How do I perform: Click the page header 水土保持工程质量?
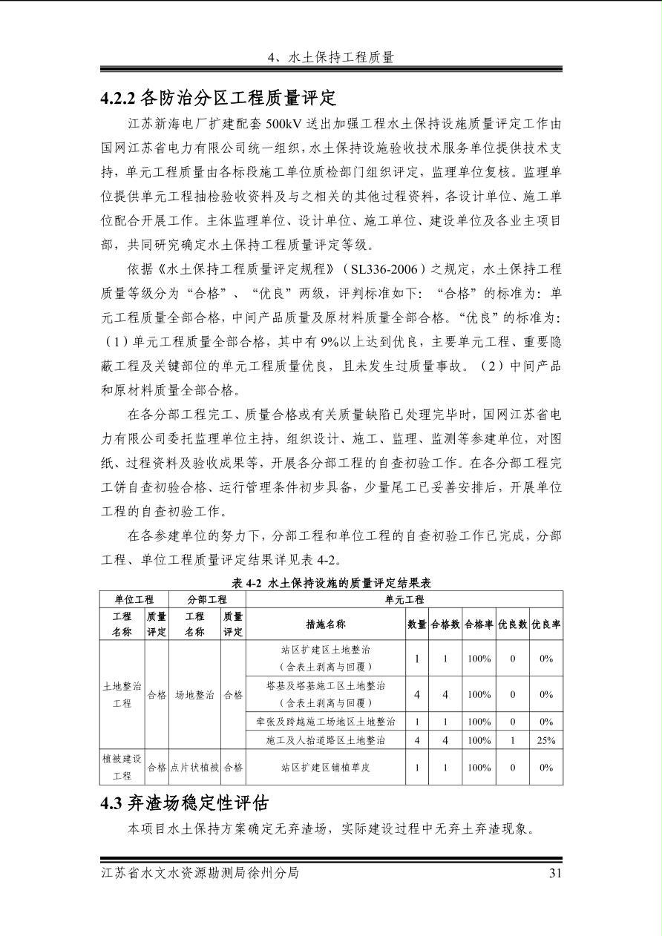(x=330, y=57)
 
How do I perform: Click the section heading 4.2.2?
(x=218, y=97)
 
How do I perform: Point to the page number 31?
(x=554, y=873)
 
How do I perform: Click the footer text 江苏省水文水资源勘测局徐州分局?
(x=200, y=873)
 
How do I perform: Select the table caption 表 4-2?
(x=331, y=583)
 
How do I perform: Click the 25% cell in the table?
(x=546, y=740)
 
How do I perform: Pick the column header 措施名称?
(x=325, y=624)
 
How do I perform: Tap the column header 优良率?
(x=546, y=624)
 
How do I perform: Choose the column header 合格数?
(x=445, y=624)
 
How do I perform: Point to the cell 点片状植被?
(x=194, y=768)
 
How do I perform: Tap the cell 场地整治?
(x=194, y=695)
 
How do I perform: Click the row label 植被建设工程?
(x=122, y=767)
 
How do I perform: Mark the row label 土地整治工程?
(x=122, y=695)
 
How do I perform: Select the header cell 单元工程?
(x=404, y=599)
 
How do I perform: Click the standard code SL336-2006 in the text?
(x=387, y=269)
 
